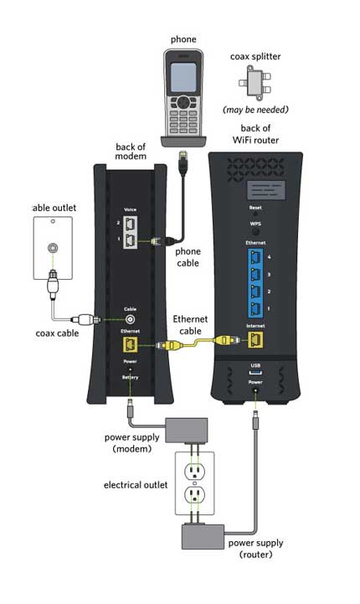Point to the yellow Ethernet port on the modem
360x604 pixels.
point(131,344)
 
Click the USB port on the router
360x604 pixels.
point(256,373)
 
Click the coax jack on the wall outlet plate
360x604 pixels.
point(55,249)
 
